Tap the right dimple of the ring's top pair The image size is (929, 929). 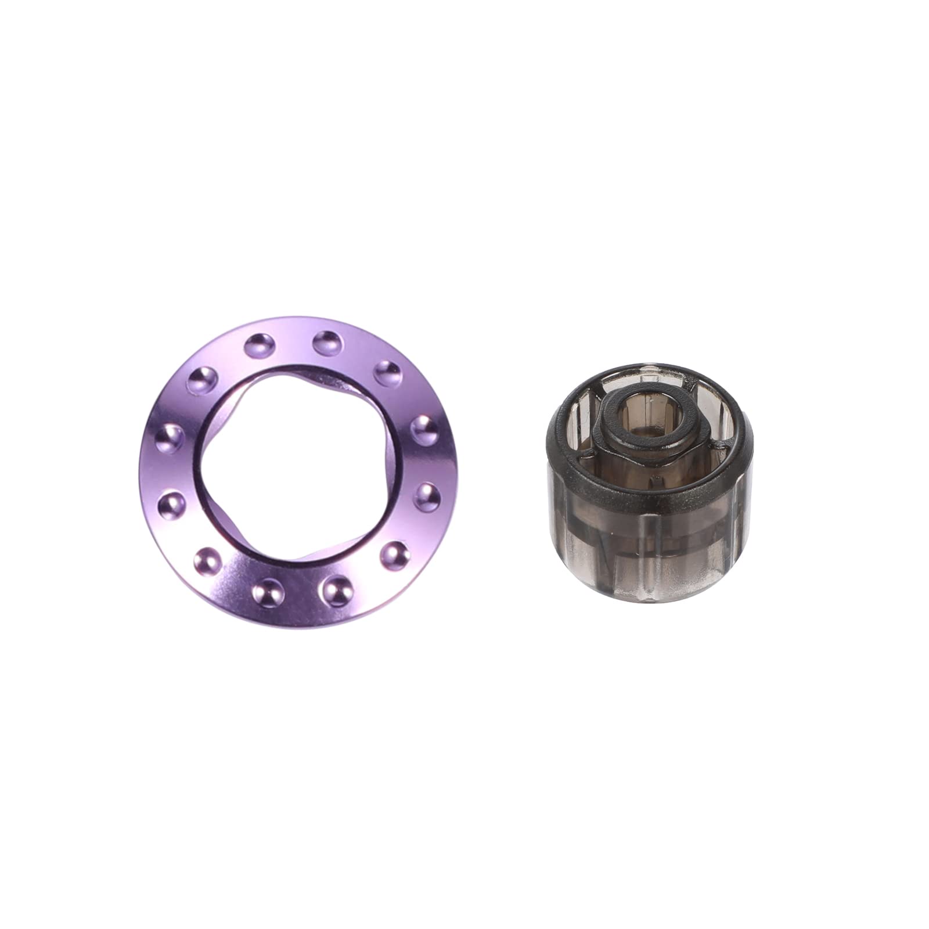point(328,343)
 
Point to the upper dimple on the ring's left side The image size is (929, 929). point(170,438)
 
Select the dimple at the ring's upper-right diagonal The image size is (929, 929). point(388,373)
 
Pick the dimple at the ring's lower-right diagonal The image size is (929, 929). point(395,555)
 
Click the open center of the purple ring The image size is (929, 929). point(299,470)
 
